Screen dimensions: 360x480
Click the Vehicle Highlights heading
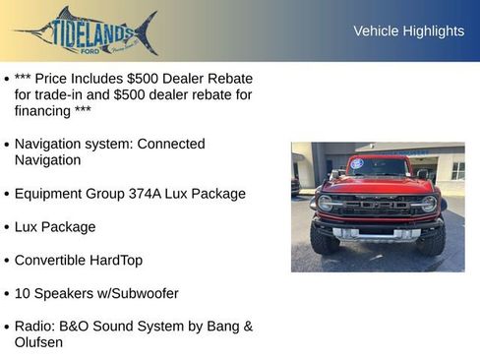408,31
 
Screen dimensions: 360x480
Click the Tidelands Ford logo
86,31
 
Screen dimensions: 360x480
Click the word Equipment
50,194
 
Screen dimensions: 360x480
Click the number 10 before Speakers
23,293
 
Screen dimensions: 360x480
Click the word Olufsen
38,342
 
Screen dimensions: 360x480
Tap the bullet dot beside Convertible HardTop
7,262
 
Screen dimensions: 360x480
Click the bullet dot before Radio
7,327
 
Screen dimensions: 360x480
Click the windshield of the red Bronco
379,168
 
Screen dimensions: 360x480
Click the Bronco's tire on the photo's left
324,238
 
